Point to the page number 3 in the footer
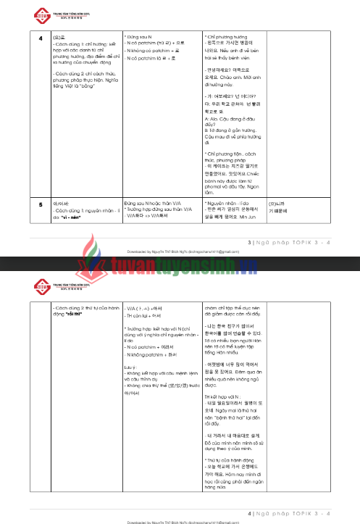250,242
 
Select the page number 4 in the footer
250,512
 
